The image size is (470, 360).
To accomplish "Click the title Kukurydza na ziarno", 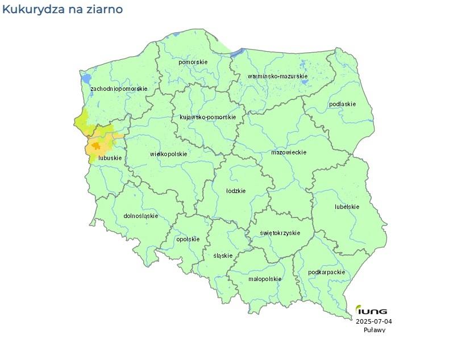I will tap(62, 10).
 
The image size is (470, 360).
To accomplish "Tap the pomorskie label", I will tap(193, 62).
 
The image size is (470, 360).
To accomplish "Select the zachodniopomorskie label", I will tap(119, 89).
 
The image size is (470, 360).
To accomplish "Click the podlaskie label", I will tap(343, 104).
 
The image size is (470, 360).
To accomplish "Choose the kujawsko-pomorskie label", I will tap(207, 117).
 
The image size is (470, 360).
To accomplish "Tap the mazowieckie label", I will tap(289, 152).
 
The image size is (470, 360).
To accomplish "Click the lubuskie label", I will tap(110, 158).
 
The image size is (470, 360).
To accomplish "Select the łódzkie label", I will tap(236, 191).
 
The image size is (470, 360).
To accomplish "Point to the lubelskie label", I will tap(347, 207).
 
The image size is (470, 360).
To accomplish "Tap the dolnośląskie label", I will tap(140, 216).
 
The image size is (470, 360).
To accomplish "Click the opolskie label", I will tap(188, 239).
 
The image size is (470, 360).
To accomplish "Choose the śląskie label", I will tap(223, 256).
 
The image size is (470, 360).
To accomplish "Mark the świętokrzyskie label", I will tap(280, 233).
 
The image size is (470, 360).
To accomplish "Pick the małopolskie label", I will tap(265, 279).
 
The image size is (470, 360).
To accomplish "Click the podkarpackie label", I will tap(326, 273).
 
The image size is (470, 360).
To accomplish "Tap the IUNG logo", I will tap(372, 311).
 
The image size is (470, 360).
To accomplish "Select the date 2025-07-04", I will tap(374, 321).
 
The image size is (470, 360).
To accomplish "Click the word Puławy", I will tap(375, 330).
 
